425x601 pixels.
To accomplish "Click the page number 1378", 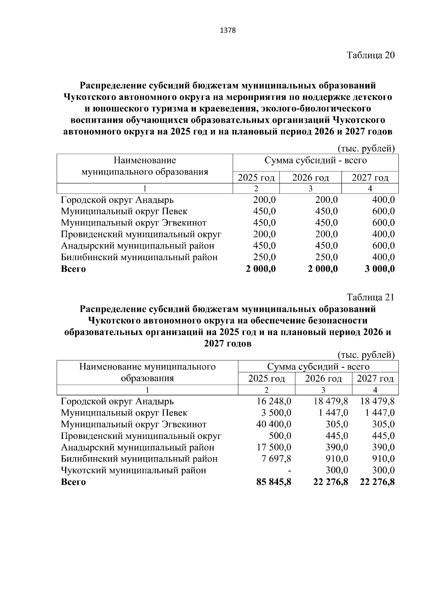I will pyautogui.click(x=228, y=30).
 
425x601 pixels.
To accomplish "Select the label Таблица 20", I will pyautogui.click(x=370, y=55).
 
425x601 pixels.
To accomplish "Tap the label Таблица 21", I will pyautogui.click(x=370, y=297).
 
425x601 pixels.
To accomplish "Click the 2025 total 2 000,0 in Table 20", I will pyautogui.click(x=261, y=269).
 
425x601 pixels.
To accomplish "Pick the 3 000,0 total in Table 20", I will pyautogui.click(x=380, y=269).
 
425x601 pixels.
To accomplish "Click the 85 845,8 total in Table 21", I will pyautogui.click(x=274, y=482).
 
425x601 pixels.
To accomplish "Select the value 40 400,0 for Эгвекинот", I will pyautogui.click(x=274, y=424).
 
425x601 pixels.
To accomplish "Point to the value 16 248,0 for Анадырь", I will pyautogui.click(x=274, y=401).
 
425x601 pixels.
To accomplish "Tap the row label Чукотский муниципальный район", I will pyautogui.click(x=134, y=470).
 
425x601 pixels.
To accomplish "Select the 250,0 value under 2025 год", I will pyautogui.click(x=264, y=257).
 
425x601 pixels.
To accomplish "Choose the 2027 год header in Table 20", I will pyautogui.click(x=370, y=177).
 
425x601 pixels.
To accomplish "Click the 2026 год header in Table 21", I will pyautogui.click(x=323, y=379).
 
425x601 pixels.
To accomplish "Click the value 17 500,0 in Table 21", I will pyautogui.click(x=274, y=447).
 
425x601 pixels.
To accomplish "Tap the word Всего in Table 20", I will pyautogui.click(x=73, y=269).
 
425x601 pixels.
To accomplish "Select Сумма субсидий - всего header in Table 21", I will pyautogui.click(x=318, y=367).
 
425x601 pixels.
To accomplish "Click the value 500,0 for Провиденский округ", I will pyautogui.click(x=280, y=436).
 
